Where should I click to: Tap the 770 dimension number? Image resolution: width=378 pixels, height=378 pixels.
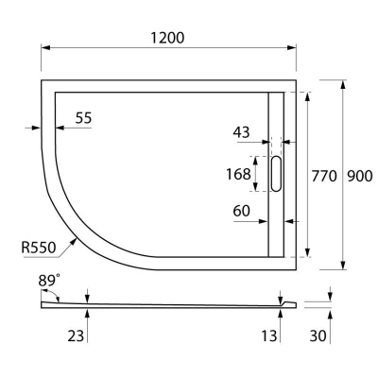(x=325, y=174)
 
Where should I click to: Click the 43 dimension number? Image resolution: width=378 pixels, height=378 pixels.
(x=241, y=134)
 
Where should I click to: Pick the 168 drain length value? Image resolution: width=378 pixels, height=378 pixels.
(x=238, y=174)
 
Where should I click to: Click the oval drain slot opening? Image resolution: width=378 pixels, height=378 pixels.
(x=277, y=174)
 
